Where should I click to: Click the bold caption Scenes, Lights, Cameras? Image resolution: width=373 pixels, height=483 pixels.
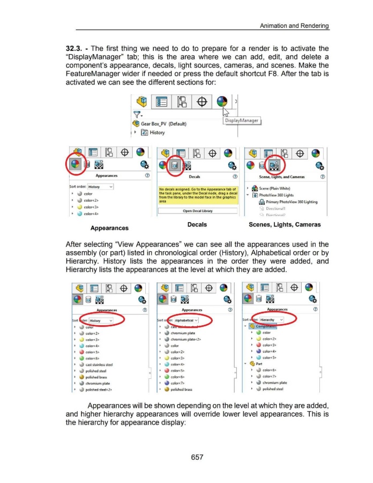click(282, 224)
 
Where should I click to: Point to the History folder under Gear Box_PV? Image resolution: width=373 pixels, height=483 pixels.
click(155, 133)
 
